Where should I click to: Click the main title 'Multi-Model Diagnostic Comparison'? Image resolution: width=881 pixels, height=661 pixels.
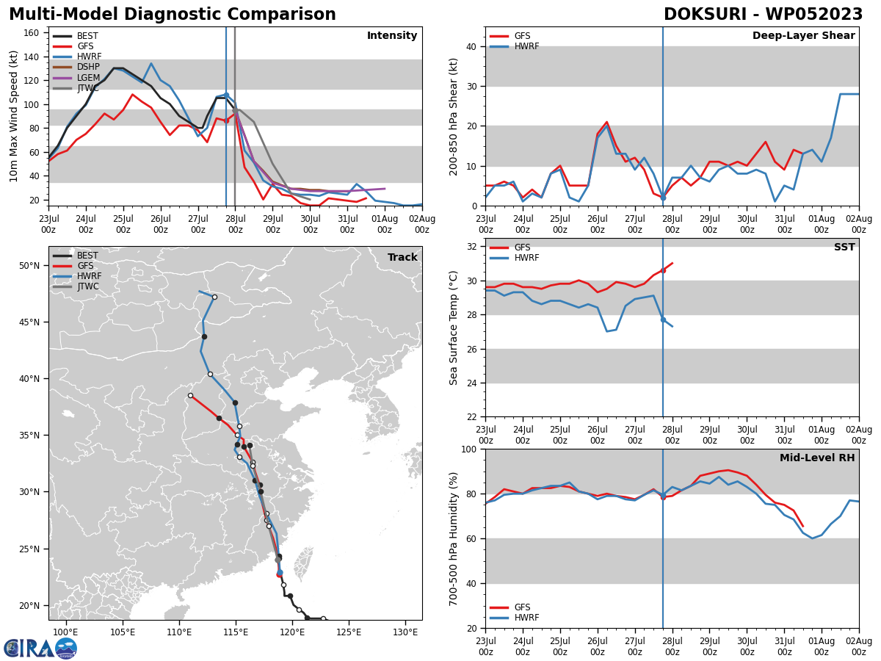point(173,15)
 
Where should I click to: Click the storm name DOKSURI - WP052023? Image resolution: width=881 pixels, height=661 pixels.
point(763,15)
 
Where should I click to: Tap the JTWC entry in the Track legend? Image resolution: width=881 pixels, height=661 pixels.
point(87,286)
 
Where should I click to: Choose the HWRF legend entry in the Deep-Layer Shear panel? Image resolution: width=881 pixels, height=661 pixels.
point(526,46)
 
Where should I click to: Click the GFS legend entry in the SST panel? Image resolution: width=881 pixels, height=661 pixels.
point(522,248)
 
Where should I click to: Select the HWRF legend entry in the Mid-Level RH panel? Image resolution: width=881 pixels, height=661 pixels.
point(526,618)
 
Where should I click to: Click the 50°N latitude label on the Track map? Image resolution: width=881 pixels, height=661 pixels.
point(29,265)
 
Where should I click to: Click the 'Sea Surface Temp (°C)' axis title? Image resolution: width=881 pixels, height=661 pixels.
point(454,328)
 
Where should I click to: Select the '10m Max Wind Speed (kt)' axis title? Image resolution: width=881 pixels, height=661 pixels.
point(14,116)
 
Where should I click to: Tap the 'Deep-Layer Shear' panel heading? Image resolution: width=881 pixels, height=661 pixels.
point(803,36)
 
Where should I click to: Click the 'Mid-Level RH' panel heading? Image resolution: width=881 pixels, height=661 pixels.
point(816,458)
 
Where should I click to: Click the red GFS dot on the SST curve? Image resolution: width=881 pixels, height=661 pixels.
point(663,270)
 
